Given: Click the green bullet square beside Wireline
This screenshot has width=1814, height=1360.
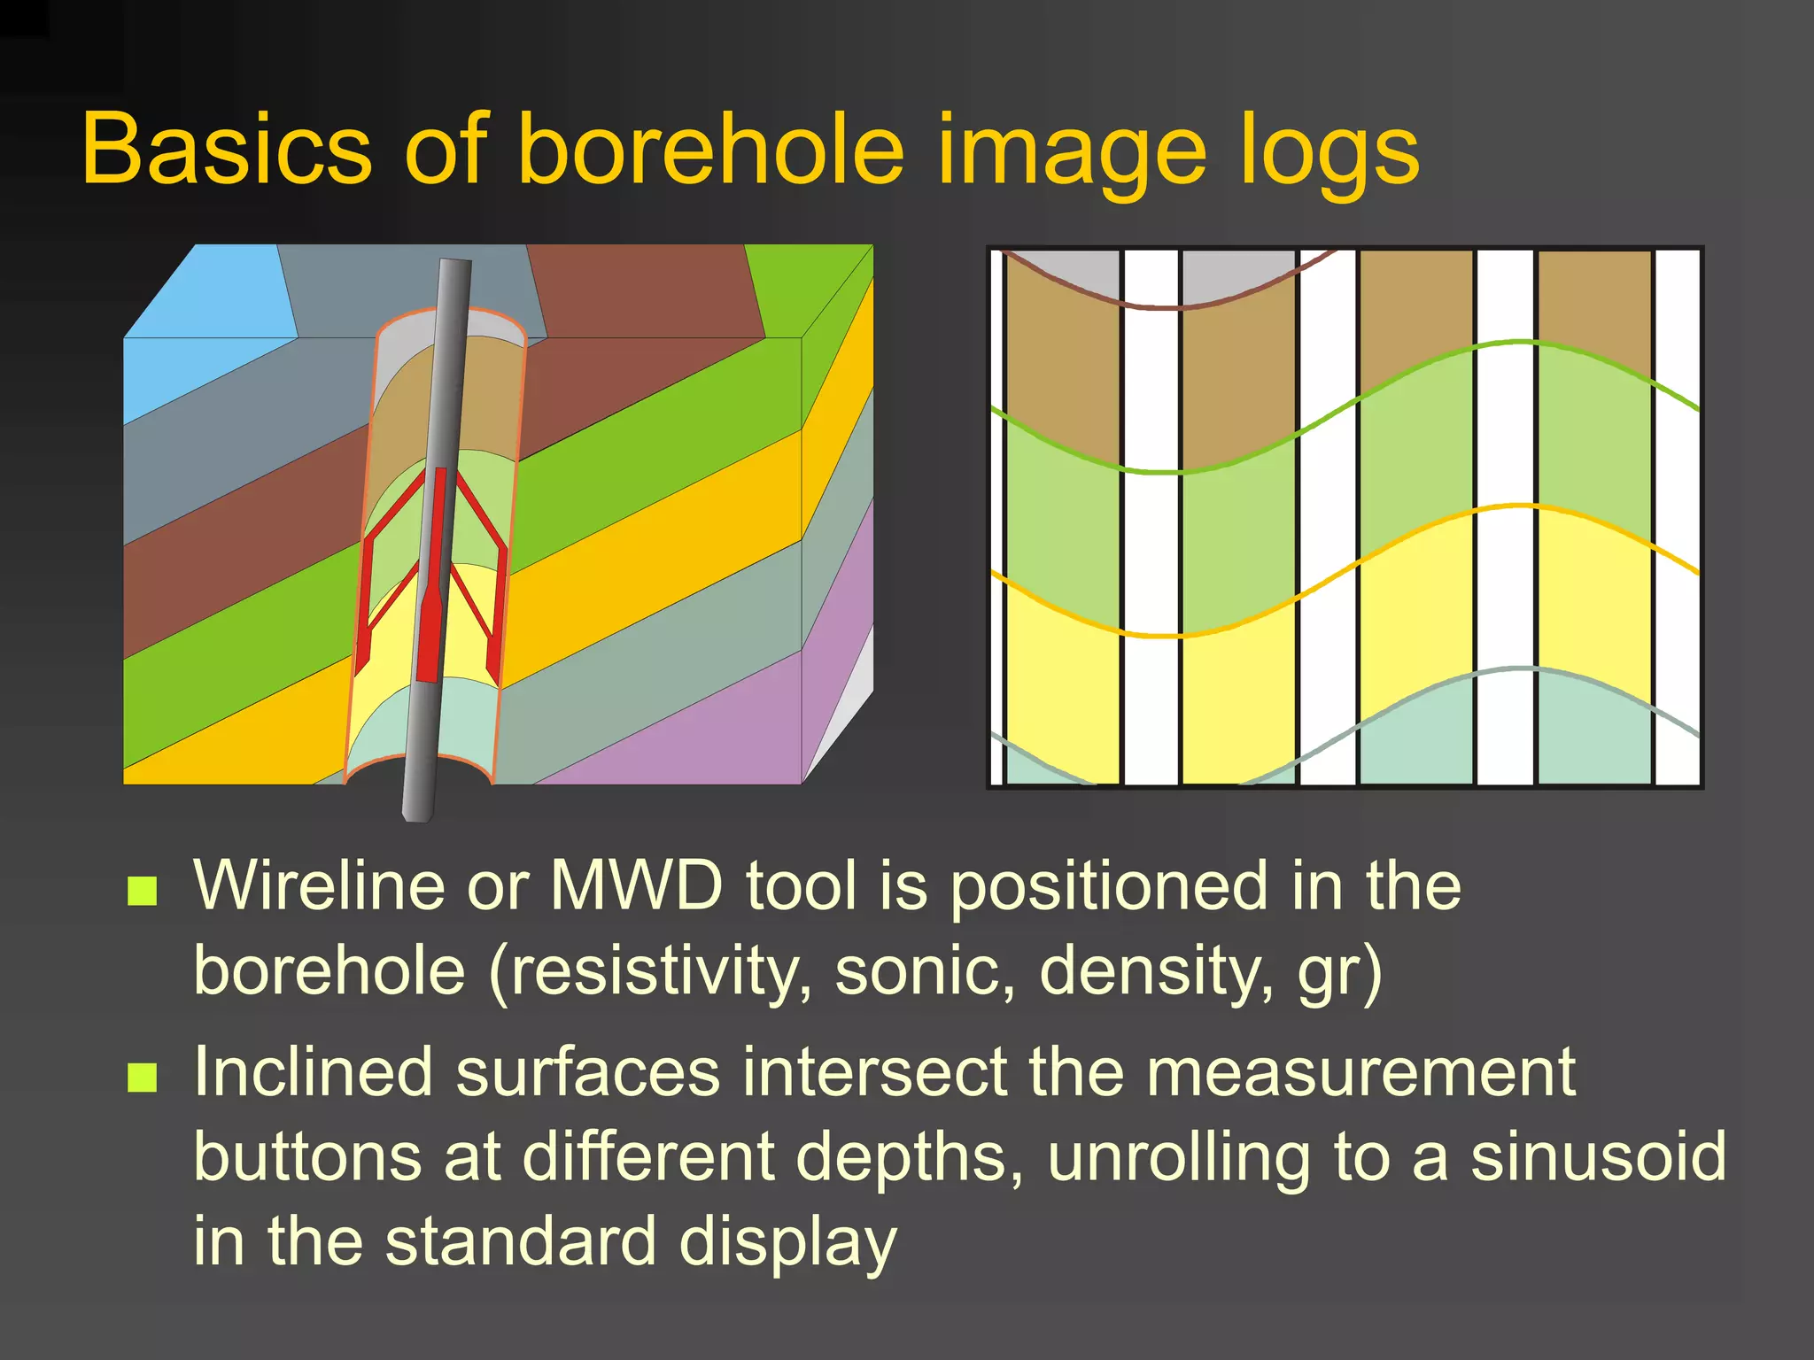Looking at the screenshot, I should click(143, 891).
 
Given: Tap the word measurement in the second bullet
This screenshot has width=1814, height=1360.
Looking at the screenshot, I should click(1360, 1071).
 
